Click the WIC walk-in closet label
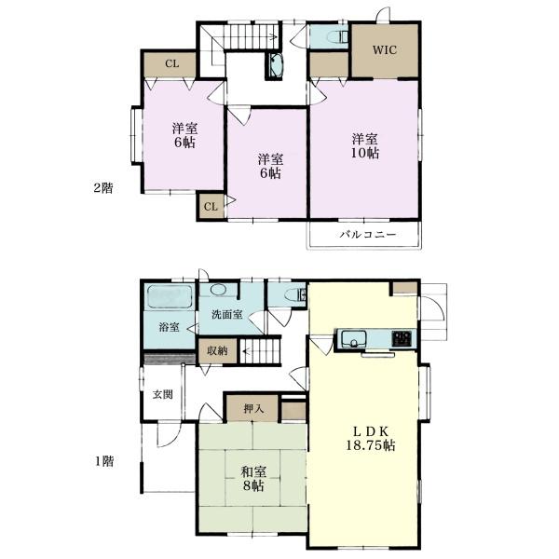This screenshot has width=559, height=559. (385, 50)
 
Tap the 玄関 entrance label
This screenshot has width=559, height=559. (162, 394)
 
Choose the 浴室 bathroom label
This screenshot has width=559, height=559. (169, 328)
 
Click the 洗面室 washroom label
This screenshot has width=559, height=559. (226, 315)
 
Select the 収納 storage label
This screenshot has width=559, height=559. (216, 352)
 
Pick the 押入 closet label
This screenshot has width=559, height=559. (252, 408)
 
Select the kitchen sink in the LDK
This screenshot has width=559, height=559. (354, 338)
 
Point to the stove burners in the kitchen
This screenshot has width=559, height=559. (402, 337)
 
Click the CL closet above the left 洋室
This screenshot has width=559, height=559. (170, 63)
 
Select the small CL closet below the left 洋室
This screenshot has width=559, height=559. (210, 206)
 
